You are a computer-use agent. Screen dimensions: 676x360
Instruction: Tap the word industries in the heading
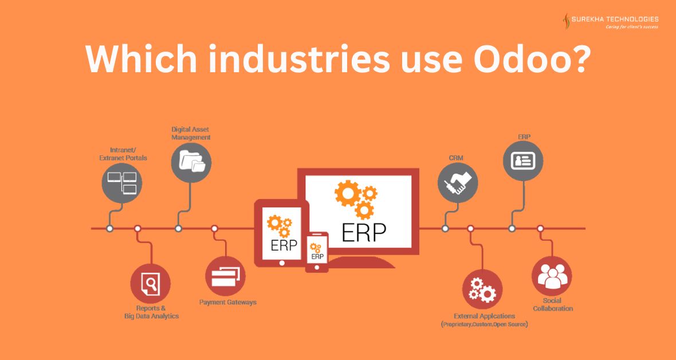pyautogui.click(x=299, y=58)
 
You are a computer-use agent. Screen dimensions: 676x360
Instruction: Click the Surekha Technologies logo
pyautogui.click(x=610, y=22)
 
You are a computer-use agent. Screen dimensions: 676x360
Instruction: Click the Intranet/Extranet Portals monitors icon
pyautogui.click(x=122, y=183)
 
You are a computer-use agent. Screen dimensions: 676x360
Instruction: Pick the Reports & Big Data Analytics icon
pyautogui.click(x=151, y=284)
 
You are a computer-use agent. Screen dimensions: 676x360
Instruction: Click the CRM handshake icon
pyautogui.click(x=457, y=183)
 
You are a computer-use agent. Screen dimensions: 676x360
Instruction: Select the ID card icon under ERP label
pyautogui.click(x=523, y=161)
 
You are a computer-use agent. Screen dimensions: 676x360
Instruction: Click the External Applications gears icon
pyautogui.click(x=482, y=289)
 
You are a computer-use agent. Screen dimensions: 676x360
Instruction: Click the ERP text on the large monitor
pyautogui.click(x=363, y=233)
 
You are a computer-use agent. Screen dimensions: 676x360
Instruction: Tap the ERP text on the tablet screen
pyautogui.click(x=284, y=245)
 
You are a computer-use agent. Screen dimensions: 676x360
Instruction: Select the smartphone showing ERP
pyautogui.click(x=317, y=252)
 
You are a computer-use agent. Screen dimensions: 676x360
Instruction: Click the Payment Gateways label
pyautogui.click(x=227, y=302)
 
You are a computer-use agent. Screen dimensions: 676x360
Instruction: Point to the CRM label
pyautogui.click(x=456, y=158)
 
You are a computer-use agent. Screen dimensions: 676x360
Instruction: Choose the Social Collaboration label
pyautogui.click(x=553, y=304)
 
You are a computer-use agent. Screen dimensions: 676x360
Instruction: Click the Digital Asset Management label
pyautogui.click(x=191, y=134)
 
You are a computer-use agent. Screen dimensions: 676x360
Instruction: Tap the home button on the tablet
pyautogui.click(x=282, y=263)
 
